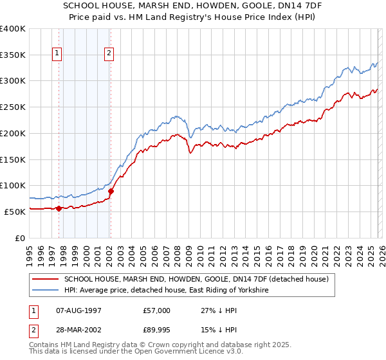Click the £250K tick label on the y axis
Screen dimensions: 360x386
[x=13, y=107]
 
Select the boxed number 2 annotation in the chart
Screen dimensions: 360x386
[x=110, y=54]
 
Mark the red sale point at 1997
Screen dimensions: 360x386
[x=59, y=208]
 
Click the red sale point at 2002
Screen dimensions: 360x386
[x=111, y=190]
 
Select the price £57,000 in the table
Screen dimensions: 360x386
[x=157, y=310]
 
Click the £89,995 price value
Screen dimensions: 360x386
[x=157, y=332]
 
